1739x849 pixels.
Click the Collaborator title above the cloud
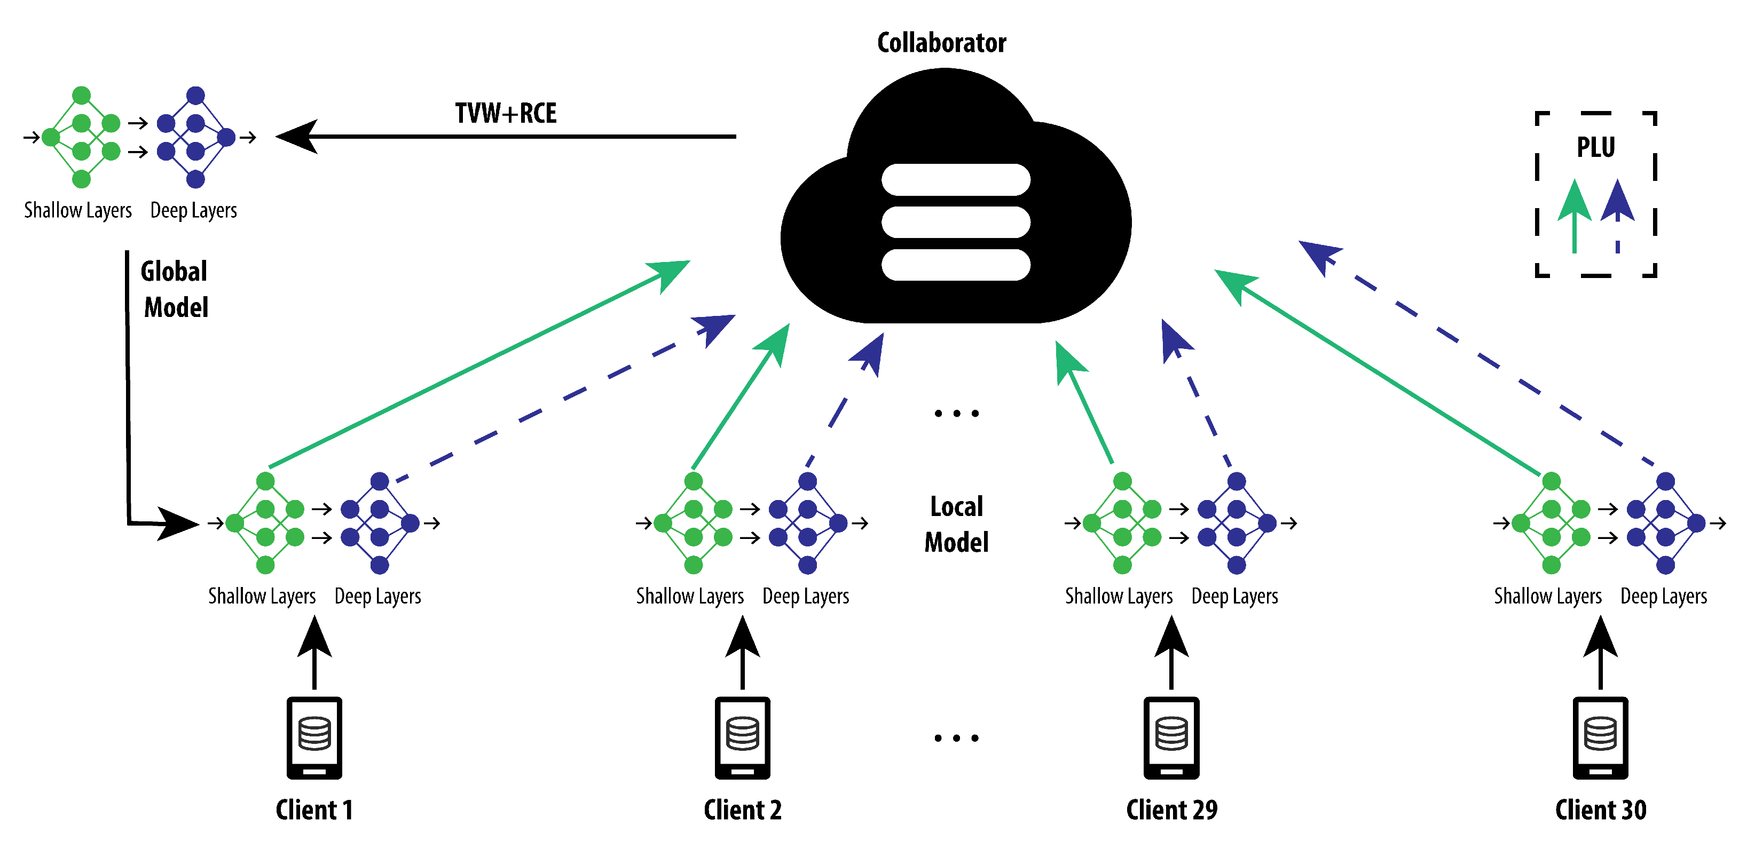point(942,43)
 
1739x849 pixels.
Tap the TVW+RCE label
point(506,113)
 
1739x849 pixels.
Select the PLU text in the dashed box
point(1596,147)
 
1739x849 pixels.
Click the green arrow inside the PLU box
point(1574,216)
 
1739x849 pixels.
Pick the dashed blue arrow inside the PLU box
point(1617,216)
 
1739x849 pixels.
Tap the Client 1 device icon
point(314,737)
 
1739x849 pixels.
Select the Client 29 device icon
point(1171,737)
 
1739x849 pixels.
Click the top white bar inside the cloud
point(956,179)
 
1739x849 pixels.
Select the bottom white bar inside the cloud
point(956,265)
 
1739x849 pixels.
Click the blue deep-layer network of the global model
point(196,137)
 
